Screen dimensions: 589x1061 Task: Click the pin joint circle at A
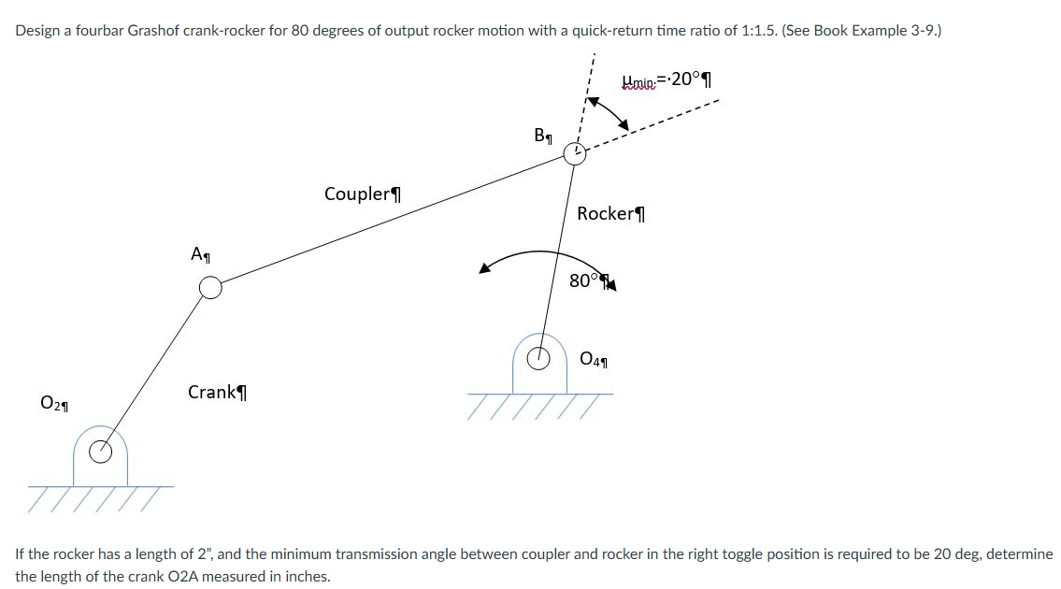[x=211, y=287]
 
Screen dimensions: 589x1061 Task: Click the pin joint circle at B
[x=575, y=153]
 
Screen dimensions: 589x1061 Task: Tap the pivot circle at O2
[x=100, y=453]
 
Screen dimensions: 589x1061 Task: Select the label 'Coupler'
[x=362, y=194]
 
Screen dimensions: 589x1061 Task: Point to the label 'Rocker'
[x=610, y=214]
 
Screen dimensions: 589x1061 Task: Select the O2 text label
[x=52, y=403]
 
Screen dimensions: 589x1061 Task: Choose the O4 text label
[x=593, y=358]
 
